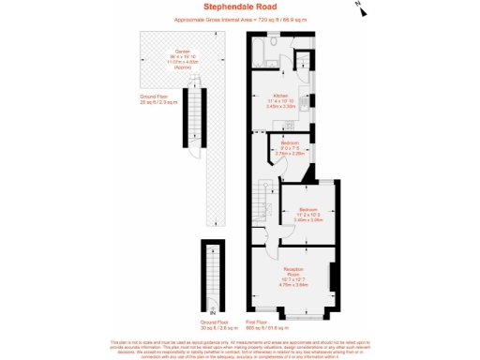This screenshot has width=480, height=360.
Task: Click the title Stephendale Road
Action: (x=239, y=8)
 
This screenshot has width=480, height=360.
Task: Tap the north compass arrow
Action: (x=359, y=7)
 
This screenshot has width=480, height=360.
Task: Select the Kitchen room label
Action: (x=280, y=97)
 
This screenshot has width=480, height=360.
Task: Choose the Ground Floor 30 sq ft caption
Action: (x=215, y=325)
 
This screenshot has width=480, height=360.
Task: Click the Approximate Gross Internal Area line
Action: (x=239, y=20)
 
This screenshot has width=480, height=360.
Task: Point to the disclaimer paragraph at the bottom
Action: (x=240, y=349)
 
